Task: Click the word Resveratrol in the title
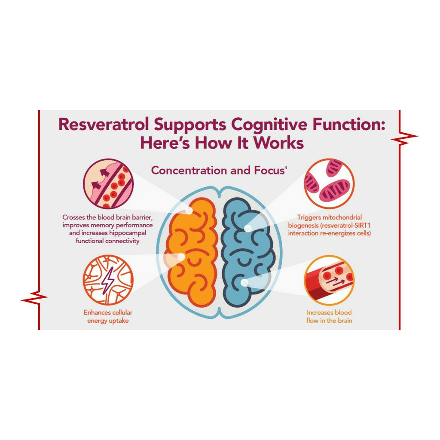104,124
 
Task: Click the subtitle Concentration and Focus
218,170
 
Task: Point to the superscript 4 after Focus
286,168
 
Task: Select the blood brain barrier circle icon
108,184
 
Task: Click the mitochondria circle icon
329,184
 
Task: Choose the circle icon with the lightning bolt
108,280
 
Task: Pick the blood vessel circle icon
329,280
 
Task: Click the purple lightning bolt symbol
108,281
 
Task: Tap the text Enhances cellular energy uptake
108,317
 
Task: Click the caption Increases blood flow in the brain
329,317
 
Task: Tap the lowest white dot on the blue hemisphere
245,283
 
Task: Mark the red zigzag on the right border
404,137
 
